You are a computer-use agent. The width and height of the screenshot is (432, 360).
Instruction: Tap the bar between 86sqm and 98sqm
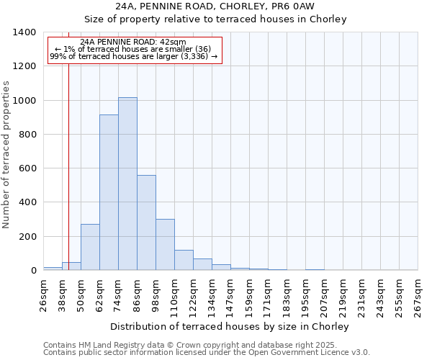pyautogui.click(x=146, y=222)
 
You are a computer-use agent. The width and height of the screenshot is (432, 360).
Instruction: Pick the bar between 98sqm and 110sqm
pyautogui.click(x=165, y=245)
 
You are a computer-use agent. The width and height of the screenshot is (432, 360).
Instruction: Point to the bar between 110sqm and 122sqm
pyautogui.click(x=184, y=260)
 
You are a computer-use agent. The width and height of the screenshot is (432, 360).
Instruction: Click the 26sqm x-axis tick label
pyautogui.click(x=43, y=293)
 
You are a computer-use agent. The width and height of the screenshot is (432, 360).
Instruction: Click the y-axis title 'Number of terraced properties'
pyautogui.click(x=6, y=154)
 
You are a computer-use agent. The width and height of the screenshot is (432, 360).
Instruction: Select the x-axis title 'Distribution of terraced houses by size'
pyautogui.click(x=230, y=326)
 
